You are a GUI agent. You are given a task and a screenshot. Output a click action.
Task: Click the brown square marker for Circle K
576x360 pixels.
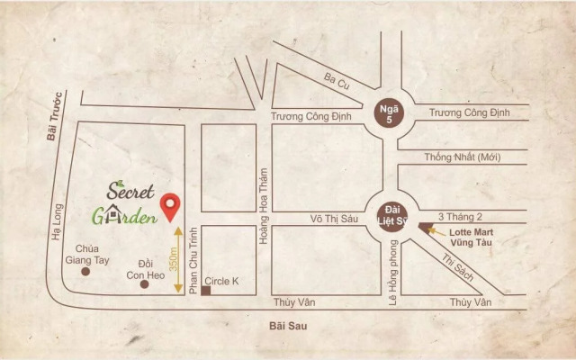(x=205, y=292)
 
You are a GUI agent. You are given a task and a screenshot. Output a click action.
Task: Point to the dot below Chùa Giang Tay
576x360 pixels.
(x=86, y=271)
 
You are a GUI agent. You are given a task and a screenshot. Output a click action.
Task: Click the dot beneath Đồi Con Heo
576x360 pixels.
(x=144, y=284)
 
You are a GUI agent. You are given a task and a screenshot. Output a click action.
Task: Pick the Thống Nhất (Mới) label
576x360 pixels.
(x=462, y=157)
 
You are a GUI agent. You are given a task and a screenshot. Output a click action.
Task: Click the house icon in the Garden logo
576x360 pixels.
(x=116, y=217)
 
